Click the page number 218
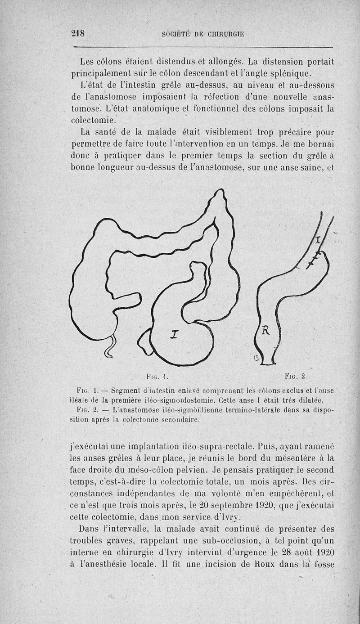78,33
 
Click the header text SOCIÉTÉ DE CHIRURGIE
203,34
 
